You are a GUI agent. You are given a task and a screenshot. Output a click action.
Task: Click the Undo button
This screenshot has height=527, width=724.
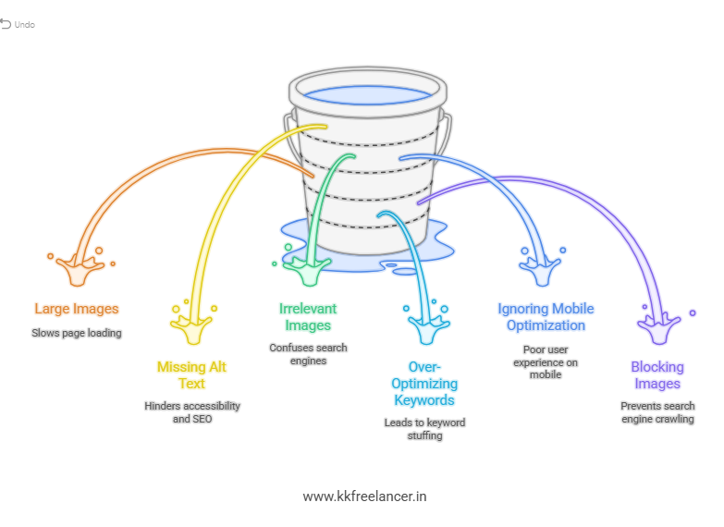click(x=18, y=24)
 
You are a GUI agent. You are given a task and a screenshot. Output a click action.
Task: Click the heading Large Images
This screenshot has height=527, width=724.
click(x=77, y=309)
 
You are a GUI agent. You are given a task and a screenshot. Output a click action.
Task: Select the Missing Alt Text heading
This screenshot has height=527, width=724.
click(x=191, y=374)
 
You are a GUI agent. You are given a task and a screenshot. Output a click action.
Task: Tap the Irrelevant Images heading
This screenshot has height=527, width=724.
click(x=308, y=316)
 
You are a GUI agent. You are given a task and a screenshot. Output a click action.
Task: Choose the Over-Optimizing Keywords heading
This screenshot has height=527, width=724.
click(x=424, y=383)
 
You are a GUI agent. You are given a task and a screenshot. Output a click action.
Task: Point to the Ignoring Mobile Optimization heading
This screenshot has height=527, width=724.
click(x=546, y=316)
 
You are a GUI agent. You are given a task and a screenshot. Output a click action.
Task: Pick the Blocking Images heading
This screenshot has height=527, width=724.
click(x=657, y=374)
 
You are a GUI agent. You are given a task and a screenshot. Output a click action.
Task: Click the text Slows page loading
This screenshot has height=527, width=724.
click(x=77, y=332)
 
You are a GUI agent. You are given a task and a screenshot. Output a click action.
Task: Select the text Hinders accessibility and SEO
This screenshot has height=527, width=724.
click(x=192, y=411)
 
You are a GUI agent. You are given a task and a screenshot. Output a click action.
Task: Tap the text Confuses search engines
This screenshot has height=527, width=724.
click(x=308, y=354)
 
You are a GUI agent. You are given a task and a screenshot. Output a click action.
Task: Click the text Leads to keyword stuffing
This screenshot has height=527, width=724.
click(x=424, y=428)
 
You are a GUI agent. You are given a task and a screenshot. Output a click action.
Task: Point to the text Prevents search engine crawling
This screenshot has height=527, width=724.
click(x=657, y=412)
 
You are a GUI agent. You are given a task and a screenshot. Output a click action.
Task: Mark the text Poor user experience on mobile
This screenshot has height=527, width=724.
click(x=546, y=362)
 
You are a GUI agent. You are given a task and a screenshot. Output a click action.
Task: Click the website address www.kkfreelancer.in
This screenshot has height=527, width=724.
click(x=364, y=496)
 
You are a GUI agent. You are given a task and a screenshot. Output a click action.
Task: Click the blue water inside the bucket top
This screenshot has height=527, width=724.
click(x=367, y=94)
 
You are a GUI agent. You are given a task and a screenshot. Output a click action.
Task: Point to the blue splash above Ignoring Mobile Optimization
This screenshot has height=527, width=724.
click(x=542, y=268)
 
